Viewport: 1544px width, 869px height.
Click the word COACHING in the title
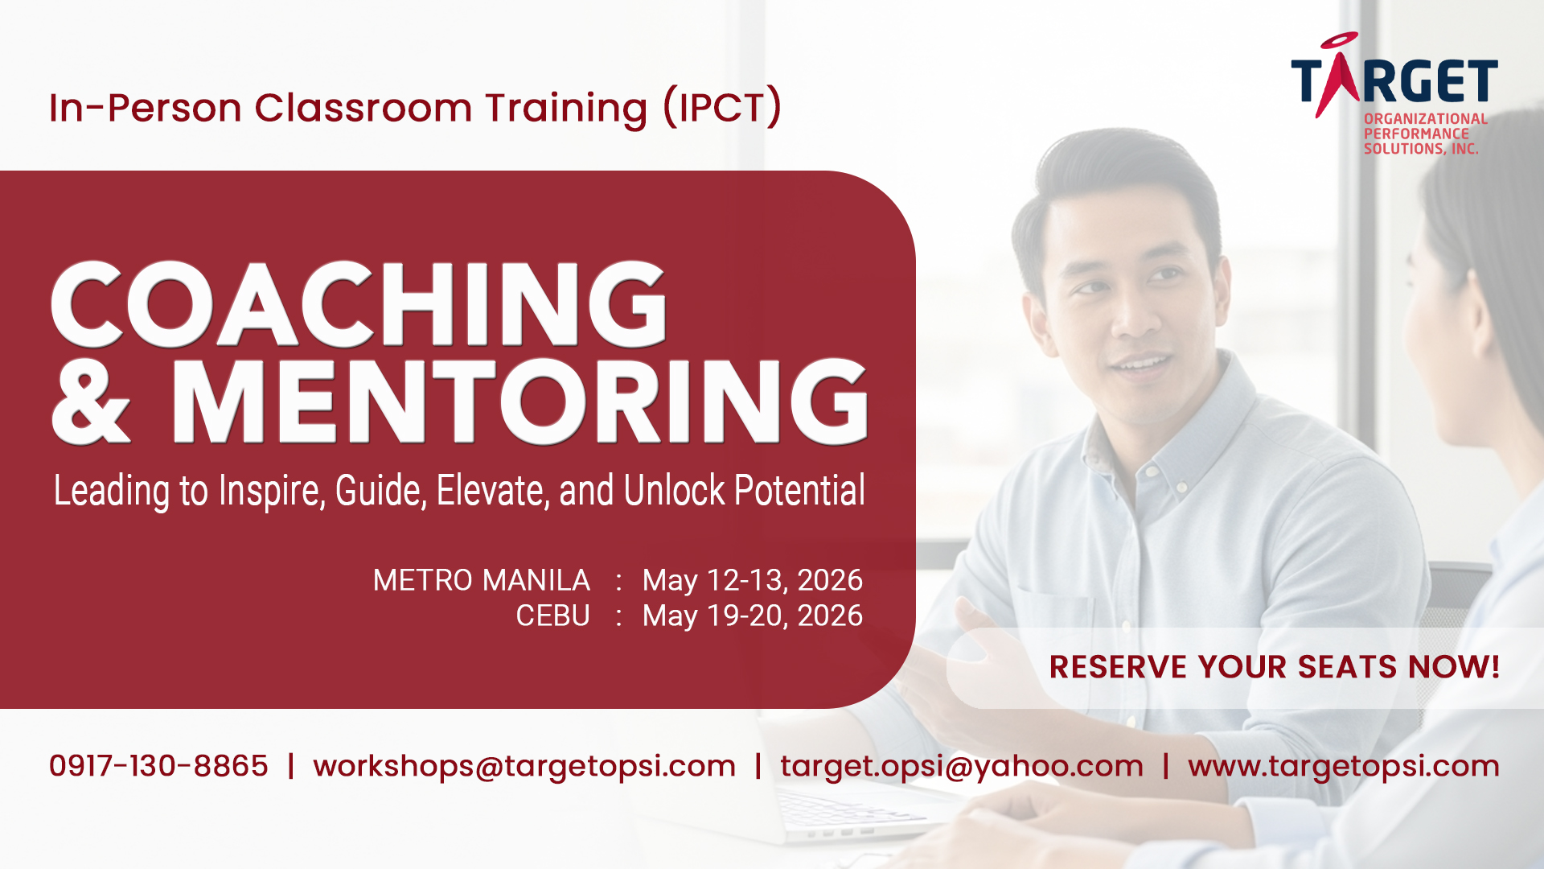[359, 304]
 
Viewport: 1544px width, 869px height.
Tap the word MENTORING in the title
[519, 402]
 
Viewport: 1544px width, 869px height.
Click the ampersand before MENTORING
[91, 402]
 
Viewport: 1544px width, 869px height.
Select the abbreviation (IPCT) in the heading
[722, 107]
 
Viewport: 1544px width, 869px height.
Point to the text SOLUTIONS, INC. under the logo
[1421, 149]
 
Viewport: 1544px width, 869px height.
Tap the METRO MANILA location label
[482, 580]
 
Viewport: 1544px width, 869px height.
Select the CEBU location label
[553, 616]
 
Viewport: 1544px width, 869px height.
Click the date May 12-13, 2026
[753, 581]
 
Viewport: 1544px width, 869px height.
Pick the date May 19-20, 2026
[753, 616]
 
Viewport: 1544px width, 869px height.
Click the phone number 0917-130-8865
[158, 766]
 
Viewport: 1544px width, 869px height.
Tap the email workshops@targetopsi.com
[524, 767]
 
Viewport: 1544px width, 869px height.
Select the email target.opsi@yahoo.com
[962, 767]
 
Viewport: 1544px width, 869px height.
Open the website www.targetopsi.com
[1344, 767]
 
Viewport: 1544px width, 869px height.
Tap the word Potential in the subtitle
[800, 491]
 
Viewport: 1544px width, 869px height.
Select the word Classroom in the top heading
[363, 108]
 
